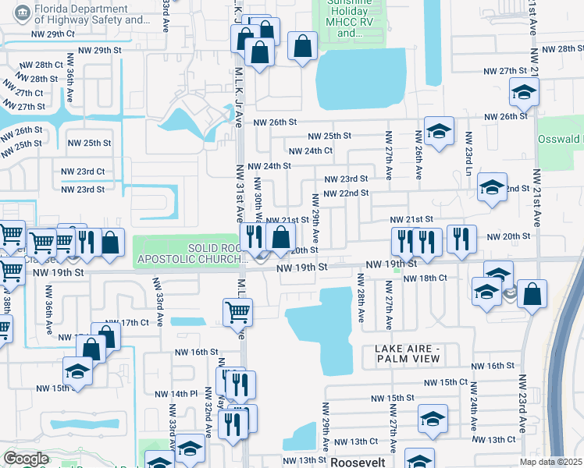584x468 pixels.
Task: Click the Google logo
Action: (x=25, y=459)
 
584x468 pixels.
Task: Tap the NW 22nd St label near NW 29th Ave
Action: (x=346, y=193)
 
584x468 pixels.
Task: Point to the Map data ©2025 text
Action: (x=551, y=462)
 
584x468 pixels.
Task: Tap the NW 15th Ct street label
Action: (x=445, y=383)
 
